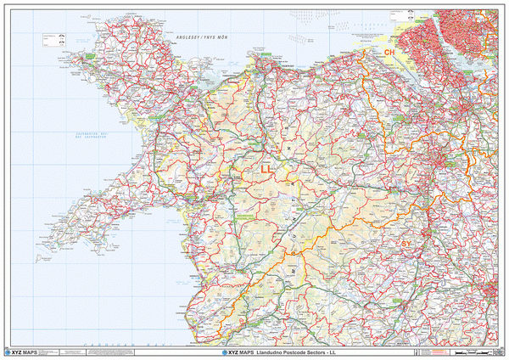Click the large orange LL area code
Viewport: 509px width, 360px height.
point(267,170)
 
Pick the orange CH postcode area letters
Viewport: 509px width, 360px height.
point(390,53)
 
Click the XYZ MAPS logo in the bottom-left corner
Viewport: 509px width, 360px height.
point(20,352)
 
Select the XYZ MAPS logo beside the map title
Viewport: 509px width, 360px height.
point(233,352)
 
